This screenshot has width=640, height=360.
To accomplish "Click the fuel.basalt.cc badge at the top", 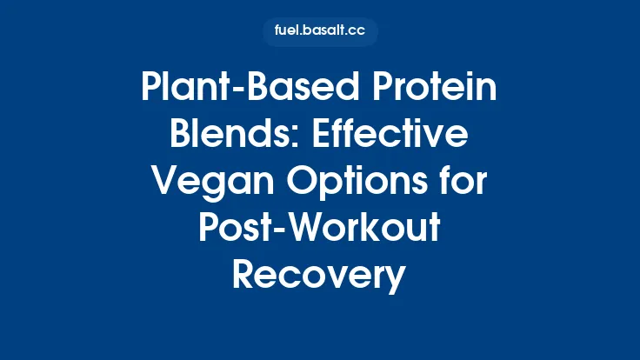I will (x=320, y=32).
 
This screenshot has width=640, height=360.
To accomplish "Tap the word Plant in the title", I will (x=182, y=90).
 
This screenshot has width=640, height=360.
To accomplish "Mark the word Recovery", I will (x=320, y=275).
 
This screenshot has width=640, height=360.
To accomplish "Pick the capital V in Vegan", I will (x=163, y=183).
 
